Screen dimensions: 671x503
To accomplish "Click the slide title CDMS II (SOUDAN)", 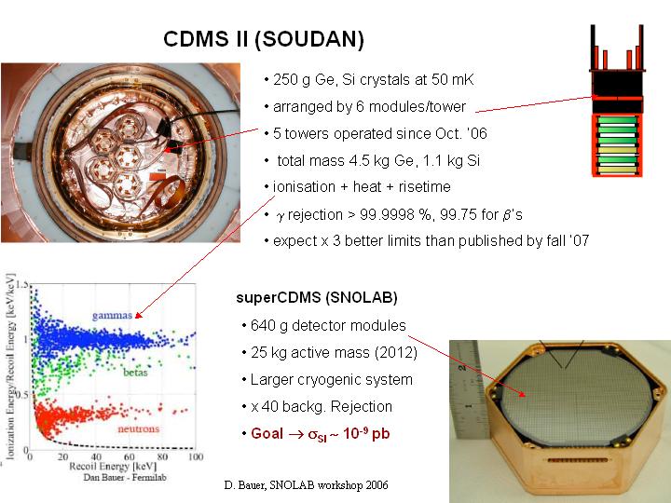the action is click(264, 39).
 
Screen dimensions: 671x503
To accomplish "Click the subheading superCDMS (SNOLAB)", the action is click(317, 298).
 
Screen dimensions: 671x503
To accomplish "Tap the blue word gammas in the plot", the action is click(112, 316).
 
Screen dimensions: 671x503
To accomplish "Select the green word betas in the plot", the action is click(135, 373).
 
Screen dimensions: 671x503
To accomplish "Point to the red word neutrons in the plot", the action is click(139, 428).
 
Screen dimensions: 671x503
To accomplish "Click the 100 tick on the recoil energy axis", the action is click(196, 456).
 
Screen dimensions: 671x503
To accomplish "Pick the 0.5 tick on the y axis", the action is click(22, 394).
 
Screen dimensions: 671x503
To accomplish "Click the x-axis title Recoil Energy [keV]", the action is click(113, 467).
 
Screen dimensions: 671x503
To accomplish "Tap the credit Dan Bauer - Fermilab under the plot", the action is click(125, 477).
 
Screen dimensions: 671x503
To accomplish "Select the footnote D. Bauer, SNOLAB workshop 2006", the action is click(306, 485).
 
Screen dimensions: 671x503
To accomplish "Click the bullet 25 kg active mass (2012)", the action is click(330, 353).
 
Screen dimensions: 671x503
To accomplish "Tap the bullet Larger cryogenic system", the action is click(327, 380).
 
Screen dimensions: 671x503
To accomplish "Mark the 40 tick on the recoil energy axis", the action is click(96, 456).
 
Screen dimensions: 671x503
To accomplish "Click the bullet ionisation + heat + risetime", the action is click(358, 187).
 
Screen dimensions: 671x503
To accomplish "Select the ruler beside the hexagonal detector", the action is click(469, 389).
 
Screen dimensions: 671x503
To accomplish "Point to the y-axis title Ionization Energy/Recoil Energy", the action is click(10, 367).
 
